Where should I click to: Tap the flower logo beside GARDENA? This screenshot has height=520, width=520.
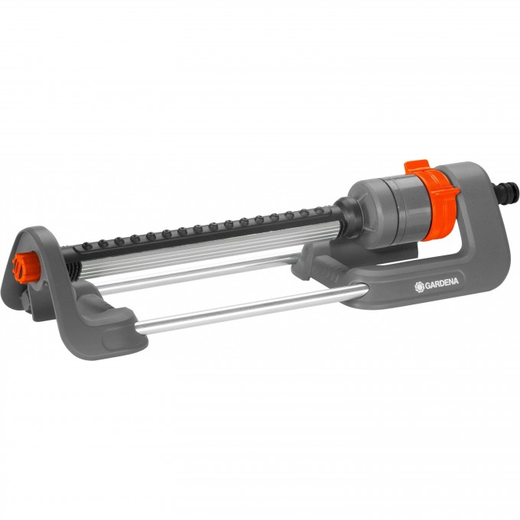point(420,287)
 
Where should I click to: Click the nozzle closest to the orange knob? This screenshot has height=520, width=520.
point(88,245)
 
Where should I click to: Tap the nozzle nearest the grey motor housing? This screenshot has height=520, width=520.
point(318,210)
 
